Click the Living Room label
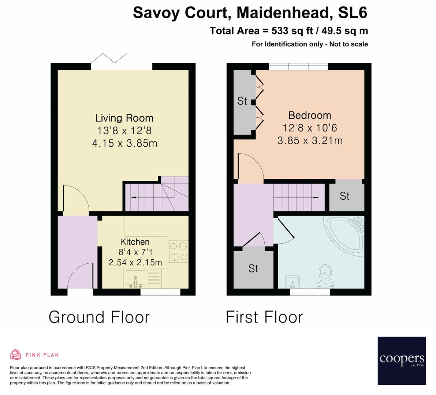(x=124, y=118)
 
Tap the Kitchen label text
(x=135, y=242)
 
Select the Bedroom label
(x=310, y=116)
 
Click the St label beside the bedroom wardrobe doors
(x=242, y=101)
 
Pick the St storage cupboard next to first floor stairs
(x=344, y=196)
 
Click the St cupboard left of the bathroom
(x=253, y=268)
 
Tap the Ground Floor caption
(x=99, y=317)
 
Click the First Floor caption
(x=264, y=317)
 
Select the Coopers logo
(x=402, y=360)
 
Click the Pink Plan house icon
(x=15, y=354)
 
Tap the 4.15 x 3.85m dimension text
(x=124, y=143)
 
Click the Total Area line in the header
(x=289, y=31)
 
